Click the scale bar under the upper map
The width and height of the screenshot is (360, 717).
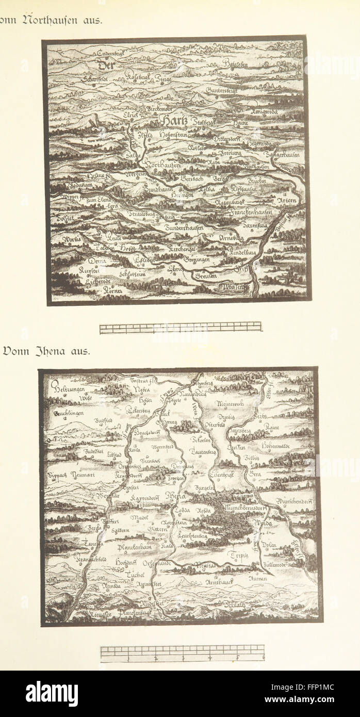point(181,327)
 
